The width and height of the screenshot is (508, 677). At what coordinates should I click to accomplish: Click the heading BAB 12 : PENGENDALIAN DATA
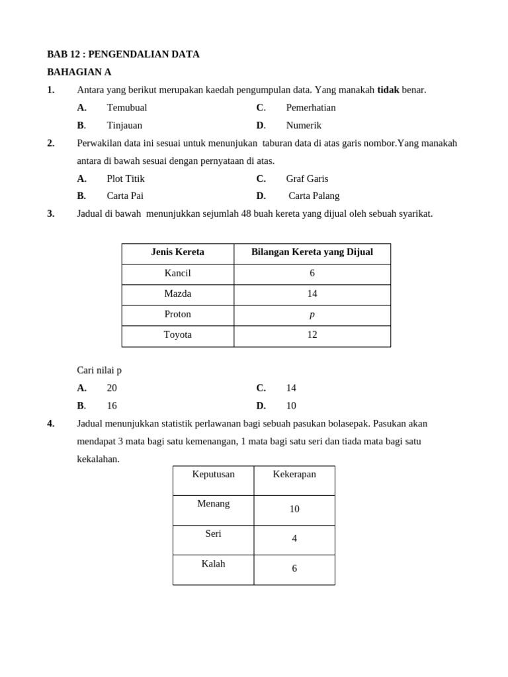[123, 54]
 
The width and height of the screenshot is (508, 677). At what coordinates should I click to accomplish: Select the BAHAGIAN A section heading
[79, 72]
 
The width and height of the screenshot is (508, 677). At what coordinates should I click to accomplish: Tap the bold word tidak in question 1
[388, 90]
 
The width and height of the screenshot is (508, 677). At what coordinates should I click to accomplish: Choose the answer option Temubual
[126, 108]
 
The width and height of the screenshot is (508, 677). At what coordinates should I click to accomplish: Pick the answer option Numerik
[304, 126]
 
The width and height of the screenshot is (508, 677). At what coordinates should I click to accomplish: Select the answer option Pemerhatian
[310, 108]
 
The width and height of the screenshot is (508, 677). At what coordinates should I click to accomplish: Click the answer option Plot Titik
[125, 179]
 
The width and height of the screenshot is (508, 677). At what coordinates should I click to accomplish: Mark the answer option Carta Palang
[314, 196]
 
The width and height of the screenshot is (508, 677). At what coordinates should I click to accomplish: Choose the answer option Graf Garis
[307, 179]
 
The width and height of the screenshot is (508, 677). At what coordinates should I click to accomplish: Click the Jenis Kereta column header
[177, 252]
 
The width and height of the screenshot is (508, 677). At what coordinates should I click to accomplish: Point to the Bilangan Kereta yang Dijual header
[312, 252]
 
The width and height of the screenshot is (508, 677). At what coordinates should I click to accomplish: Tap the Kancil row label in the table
[177, 273]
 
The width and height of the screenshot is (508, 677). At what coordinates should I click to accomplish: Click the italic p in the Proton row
[312, 315]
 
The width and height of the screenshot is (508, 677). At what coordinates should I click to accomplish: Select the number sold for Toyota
[312, 335]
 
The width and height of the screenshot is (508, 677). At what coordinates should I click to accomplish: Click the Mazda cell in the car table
[177, 294]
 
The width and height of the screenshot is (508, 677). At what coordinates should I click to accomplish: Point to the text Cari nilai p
[99, 370]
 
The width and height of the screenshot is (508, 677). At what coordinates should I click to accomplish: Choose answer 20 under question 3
[112, 388]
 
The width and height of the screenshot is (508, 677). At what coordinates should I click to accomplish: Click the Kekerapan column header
[294, 474]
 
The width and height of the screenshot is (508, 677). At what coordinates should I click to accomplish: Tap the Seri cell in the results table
[213, 534]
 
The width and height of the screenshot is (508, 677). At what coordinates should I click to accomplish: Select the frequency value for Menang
[294, 509]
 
